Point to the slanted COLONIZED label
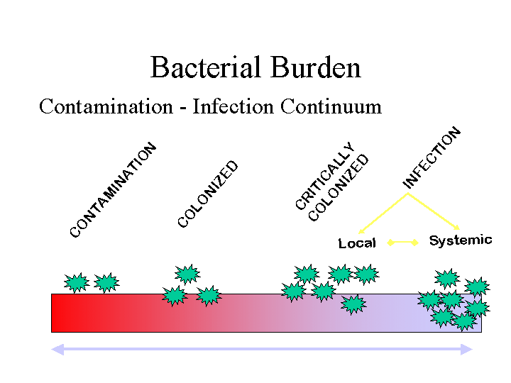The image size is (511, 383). [x=207, y=194]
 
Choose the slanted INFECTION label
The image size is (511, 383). [x=432, y=157]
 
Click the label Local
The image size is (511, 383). [x=357, y=243]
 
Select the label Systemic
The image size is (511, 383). [x=460, y=240]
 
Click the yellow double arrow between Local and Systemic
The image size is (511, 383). [x=402, y=243]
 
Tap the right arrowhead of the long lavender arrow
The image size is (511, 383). [x=466, y=349]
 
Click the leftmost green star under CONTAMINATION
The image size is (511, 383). [x=76, y=283]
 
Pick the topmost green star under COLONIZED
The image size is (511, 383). [x=187, y=274]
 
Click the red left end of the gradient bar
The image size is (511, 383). [x=60, y=313]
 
